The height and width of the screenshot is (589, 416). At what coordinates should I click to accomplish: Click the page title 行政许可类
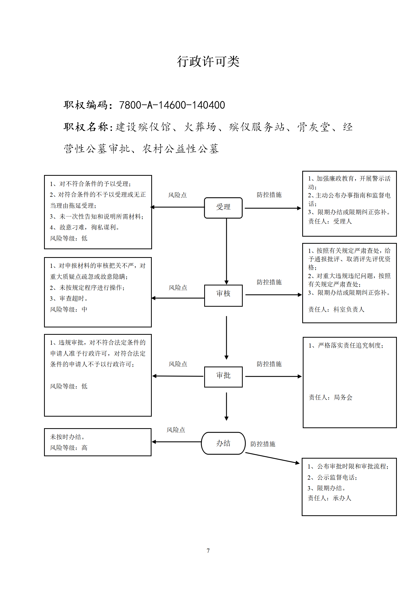tap(208, 61)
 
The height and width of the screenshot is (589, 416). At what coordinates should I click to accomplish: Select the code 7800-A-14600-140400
tap(172, 105)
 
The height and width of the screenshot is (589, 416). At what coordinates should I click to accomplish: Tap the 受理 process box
tap(223, 208)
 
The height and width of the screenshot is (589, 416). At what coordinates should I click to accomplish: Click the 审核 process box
tap(223, 295)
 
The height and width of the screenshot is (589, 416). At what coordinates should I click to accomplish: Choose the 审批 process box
tap(223, 377)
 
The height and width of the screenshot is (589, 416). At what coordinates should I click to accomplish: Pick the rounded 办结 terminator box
tap(223, 443)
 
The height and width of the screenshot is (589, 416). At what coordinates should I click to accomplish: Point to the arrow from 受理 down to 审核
tap(226, 251)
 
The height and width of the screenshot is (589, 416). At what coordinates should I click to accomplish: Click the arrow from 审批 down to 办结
tap(226, 406)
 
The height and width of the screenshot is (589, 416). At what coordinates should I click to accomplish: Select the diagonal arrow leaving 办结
tap(272, 458)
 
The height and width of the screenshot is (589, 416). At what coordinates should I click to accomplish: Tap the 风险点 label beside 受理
tap(177, 195)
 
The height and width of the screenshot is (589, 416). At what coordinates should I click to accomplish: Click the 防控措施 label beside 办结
tap(263, 444)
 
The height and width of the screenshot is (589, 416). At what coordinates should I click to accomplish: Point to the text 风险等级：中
tap(69, 310)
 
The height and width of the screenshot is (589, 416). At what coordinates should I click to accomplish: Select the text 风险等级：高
tap(69, 448)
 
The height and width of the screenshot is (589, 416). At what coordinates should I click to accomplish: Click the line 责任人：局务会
tap(331, 397)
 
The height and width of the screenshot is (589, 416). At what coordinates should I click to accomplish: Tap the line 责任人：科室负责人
tap(336, 310)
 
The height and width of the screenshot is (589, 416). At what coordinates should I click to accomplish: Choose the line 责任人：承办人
tap(329, 498)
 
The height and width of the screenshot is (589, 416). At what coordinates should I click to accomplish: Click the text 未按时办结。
tap(67, 437)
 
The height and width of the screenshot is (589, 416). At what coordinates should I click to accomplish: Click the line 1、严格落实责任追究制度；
tap(346, 346)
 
